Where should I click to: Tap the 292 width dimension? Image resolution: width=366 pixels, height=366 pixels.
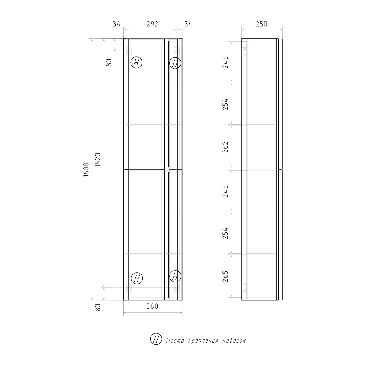point(152,24)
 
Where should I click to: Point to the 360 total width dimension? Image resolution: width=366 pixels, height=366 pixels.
point(152,306)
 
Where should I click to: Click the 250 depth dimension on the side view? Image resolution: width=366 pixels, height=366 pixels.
point(261,24)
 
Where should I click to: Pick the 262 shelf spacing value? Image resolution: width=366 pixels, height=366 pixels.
point(225,147)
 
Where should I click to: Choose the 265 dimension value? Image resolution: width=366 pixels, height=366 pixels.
point(225,276)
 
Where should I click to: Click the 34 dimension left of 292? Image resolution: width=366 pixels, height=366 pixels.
point(117,24)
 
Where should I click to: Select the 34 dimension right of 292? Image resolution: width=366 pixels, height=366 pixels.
point(188,24)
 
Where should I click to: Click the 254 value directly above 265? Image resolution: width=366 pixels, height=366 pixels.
point(225,233)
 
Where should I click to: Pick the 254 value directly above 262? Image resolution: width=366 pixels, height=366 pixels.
point(225,104)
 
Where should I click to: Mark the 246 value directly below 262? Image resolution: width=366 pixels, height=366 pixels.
point(225,191)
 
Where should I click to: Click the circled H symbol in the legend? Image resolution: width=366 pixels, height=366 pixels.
point(156,339)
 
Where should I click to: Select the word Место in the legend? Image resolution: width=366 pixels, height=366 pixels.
point(174,340)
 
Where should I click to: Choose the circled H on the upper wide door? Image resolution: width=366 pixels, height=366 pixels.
point(136,63)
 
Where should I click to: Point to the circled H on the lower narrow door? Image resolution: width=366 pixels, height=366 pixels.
point(175,276)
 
